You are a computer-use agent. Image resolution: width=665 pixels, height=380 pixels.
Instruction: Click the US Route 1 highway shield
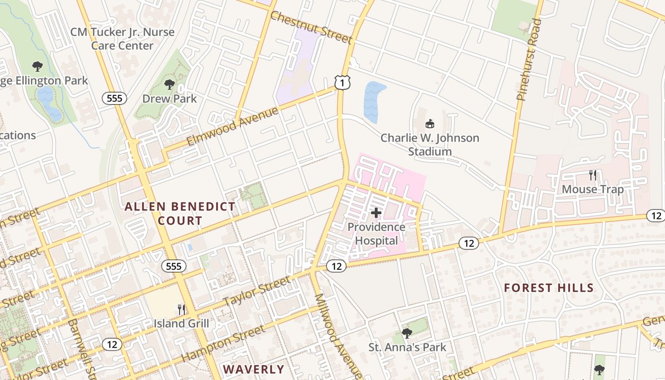point(342,82)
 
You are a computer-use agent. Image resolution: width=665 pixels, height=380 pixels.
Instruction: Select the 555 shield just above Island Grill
point(174,266)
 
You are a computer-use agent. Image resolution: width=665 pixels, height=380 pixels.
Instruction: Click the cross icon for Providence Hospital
point(376,213)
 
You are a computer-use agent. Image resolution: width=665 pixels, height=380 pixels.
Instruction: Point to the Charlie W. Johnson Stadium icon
point(430,123)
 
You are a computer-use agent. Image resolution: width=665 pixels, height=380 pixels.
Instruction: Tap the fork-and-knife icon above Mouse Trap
point(593,175)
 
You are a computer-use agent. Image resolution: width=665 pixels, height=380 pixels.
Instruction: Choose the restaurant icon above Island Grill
point(181,310)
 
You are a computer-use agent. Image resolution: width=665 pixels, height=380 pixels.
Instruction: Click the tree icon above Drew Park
point(169,85)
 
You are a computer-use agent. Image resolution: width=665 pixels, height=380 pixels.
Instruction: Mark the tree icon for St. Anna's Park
point(407,333)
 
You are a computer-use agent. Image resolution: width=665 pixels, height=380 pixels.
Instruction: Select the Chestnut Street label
point(311,28)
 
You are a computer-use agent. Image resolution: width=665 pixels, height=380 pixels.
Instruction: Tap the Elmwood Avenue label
point(232,127)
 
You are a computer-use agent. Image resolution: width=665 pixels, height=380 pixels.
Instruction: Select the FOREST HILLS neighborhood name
point(549,288)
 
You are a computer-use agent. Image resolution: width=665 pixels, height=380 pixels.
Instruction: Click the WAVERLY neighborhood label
point(254,370)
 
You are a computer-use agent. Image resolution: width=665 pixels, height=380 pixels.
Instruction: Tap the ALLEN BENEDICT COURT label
point(180,213)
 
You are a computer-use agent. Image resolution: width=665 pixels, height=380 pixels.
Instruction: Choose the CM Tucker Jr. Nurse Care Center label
point(123,39)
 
